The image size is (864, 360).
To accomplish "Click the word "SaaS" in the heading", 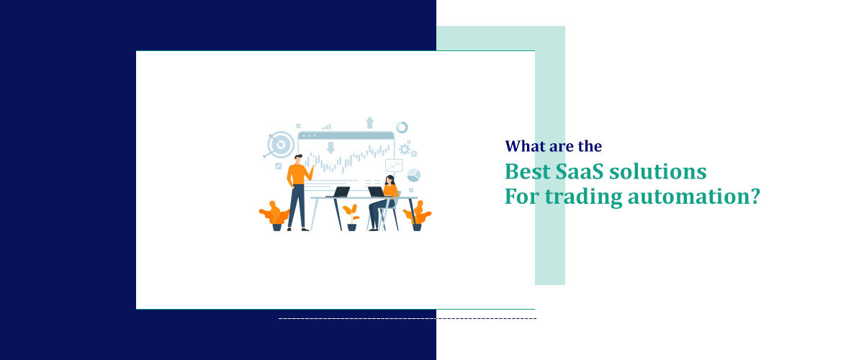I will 575,173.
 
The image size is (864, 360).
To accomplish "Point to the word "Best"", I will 524,173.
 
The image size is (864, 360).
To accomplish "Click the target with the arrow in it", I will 279,144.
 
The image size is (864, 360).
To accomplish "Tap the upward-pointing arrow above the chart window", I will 370,122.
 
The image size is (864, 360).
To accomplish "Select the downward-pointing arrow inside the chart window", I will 330,148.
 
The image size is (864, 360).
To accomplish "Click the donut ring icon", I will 402,127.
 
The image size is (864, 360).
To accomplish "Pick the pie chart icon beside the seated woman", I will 413,175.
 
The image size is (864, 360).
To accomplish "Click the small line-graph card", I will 394,166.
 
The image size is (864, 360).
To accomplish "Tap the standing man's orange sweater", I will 297,173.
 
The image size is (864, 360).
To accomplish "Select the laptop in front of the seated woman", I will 375,192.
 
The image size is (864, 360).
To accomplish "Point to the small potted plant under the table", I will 351,216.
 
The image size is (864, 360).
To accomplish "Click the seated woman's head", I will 390,179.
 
